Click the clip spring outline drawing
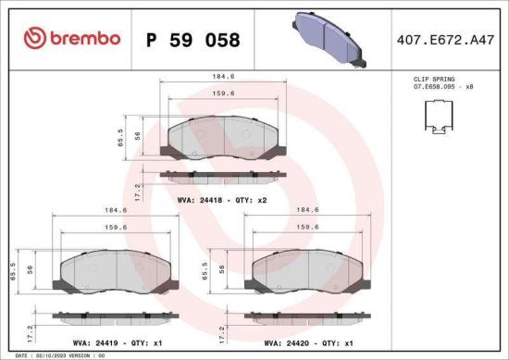[439, 114]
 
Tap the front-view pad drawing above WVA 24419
[114, 270]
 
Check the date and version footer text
[54, 355]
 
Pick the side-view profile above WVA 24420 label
[306, 317]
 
